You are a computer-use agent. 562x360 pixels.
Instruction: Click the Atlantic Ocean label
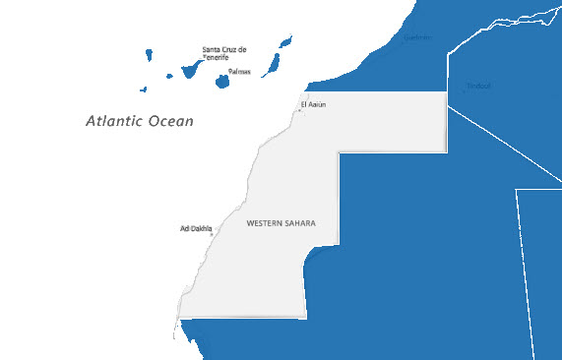point(139,122)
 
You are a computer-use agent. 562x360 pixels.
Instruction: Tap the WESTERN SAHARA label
point(281,224)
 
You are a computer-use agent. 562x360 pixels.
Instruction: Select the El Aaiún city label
point(312,103)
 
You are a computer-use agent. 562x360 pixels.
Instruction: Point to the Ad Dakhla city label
point(195,228)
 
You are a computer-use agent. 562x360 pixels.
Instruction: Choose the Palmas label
point(239,72)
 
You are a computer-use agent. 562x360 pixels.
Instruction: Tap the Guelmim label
point(417,38)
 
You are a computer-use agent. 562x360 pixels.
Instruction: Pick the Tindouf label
point(479,86)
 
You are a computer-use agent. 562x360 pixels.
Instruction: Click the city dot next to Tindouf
point(465,91)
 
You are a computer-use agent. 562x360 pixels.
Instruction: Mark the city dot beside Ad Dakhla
point(212,234)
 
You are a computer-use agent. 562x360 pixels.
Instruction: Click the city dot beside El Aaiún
point(299,110)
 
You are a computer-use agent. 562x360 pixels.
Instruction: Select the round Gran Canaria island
point(223,80)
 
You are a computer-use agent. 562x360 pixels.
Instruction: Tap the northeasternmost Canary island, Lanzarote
point(285,43)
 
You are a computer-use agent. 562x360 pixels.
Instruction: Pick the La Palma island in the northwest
point(149,54)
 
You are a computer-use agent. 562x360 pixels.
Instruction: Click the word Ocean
point(170,122)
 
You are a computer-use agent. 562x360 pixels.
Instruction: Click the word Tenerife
point(216,58)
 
